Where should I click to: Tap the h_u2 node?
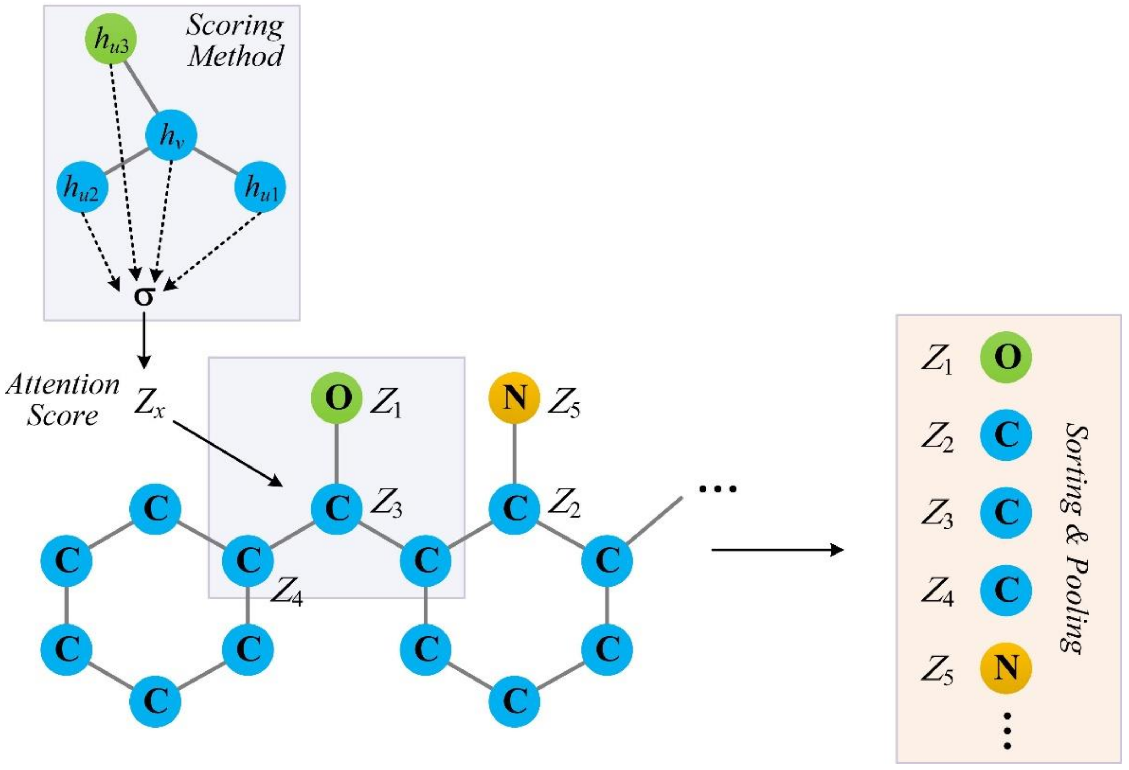[x=82, y=187]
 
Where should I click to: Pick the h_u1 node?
[x=260, y=187]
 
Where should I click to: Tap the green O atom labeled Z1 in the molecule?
[x=337, y=398]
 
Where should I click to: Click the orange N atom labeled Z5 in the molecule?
[x=514, y=398]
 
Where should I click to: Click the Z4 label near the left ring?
[x=287, y=593]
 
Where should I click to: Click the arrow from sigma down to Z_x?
[x=144, y=340]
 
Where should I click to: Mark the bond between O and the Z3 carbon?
[x=337, y=453]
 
